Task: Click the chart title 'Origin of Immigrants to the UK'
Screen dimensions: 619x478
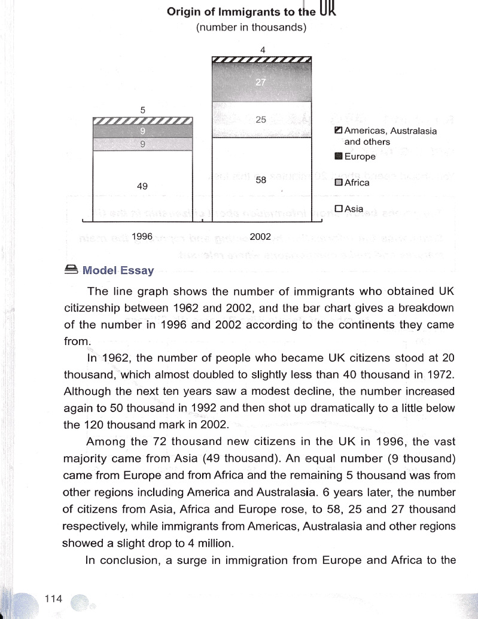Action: click(x=252, y=11)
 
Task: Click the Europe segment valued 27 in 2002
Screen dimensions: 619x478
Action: click(x=261, y=82)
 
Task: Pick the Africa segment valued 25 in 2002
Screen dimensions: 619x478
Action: click(x=261, y=120)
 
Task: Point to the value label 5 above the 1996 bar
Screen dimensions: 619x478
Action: click(x=142, y=110)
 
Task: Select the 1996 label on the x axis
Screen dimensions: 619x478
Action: click(x=142, y=237)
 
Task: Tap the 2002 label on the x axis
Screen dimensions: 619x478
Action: click(x=260, y=237)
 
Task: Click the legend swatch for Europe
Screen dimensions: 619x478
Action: click(x=339, y=157)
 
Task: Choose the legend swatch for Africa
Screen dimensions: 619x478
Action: click(x=339, y=183)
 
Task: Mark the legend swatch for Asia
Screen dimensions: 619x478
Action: click(x=339, y=209)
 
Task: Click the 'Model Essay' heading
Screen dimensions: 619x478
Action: click(x=118, y=270)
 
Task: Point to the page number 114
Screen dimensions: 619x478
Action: click(x=53, y=598)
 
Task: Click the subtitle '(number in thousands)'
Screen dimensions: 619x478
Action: click(x=251, y=28)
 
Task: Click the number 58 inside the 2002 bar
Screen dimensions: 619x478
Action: click(x=261, y=180)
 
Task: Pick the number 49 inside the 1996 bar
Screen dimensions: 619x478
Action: click(x=142, y=187)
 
